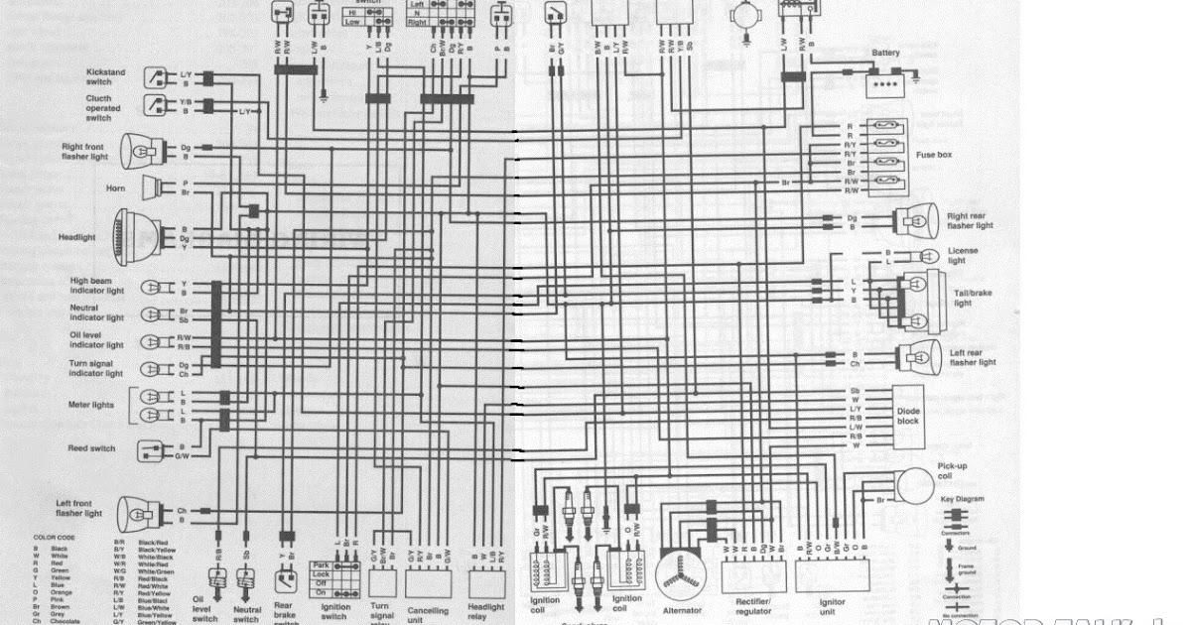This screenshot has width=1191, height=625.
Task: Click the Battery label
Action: point(885,54)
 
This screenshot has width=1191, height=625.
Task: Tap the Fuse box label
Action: point(934,156)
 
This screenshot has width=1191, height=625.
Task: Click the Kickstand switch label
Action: point(106,77)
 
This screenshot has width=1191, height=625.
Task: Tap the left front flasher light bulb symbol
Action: point(138,514)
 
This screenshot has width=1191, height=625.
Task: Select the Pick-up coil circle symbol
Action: point(917,486)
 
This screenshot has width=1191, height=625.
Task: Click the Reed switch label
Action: point(91,448)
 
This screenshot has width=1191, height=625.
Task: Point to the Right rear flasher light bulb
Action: point(918,220)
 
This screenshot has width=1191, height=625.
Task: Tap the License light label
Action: point(963,255)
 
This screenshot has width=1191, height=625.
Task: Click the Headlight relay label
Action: point(484,612)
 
